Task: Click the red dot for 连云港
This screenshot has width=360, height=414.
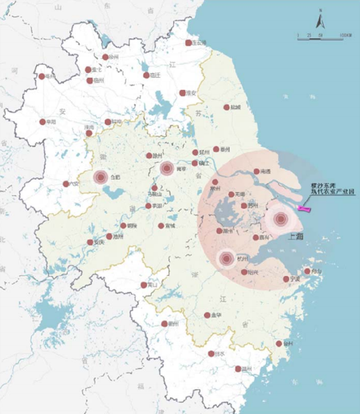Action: pyautogui.click(x=188, y=43)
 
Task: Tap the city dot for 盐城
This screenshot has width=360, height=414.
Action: pyautogui.click(x=226, y=107)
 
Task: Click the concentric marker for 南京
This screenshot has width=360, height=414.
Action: pyautogui.click(x=167, y=169)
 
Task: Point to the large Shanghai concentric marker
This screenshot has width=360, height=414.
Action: pyautogui.click(x=280, y=219)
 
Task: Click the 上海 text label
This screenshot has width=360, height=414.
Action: pyautogui.click(x=297, y=237)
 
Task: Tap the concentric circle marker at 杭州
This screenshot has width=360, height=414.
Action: pyautogui.click(x=227, y=258)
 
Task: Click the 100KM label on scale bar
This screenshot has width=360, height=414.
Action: pyautogui.click(x=345, y=36)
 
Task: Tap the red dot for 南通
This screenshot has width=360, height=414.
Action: pyautogui.click(x=257, y=171)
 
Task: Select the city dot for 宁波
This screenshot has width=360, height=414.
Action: pyautogui.click(x=286, y=279)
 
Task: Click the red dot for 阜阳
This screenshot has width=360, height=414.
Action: pyautogui.click(x=42, y=122)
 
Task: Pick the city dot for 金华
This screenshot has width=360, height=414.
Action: pyautogui.click(x=207, y=315)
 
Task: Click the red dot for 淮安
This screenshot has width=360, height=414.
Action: pyautogui.click(x=183, y=93)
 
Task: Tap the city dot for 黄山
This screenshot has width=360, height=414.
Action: pyautogui.click(x=144, y=285)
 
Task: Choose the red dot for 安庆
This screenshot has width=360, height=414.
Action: pyautogui.click(x=90, y=242)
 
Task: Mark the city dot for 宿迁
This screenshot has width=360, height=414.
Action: pyautogui.click(x=146, y=75)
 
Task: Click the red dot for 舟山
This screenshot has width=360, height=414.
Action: pyautogui.click(x=307, y=271)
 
